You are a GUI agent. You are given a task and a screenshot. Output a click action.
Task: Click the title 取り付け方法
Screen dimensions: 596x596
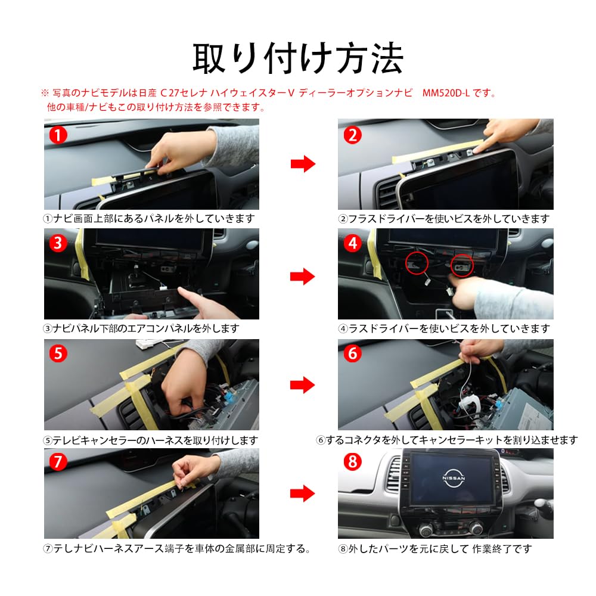(x=297, y=58)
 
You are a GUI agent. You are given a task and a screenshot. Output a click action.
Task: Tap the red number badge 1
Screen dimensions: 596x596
(x=57, y=134)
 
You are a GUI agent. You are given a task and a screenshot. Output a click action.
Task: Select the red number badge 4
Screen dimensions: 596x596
(x=352, y=244)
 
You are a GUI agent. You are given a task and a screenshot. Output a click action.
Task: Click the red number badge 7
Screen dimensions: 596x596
(x=57, y=462)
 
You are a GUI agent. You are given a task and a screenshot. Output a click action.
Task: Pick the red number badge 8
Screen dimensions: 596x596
(x=352, y=462)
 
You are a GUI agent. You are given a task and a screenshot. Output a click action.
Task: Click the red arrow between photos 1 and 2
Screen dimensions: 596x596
(x=303, y=164)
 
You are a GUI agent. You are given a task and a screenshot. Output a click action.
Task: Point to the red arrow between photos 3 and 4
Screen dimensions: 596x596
(x=303, y=275)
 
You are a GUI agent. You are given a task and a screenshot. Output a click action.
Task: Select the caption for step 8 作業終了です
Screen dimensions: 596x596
(x=434, y=548)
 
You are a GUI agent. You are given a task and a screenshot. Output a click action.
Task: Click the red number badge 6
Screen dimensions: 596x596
(x=352, y=353)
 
